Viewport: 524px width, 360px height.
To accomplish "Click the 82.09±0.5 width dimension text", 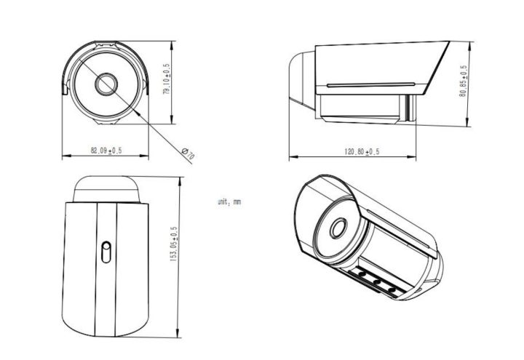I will (x=106, y=151).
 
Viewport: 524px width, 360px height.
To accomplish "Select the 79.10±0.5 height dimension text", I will (x=166, y=81).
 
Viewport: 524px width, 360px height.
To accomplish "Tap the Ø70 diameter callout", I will (x=187, y=152).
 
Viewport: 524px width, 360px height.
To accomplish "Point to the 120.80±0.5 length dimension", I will (x=362, y=151).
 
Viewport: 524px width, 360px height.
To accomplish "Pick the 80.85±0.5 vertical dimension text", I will (x=464, y=87).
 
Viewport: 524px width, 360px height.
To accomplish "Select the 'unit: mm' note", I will (x=229, y=201).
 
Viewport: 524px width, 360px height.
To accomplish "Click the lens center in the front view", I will (x=106, y=83).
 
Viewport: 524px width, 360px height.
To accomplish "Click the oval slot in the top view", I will (x=106, y=252).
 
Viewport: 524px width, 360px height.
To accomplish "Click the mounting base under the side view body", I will (x=360, y=109).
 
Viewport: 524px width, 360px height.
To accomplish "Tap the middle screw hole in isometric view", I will (x=376, y=282).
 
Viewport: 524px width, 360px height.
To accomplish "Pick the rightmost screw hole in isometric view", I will (x=392, y=290).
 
